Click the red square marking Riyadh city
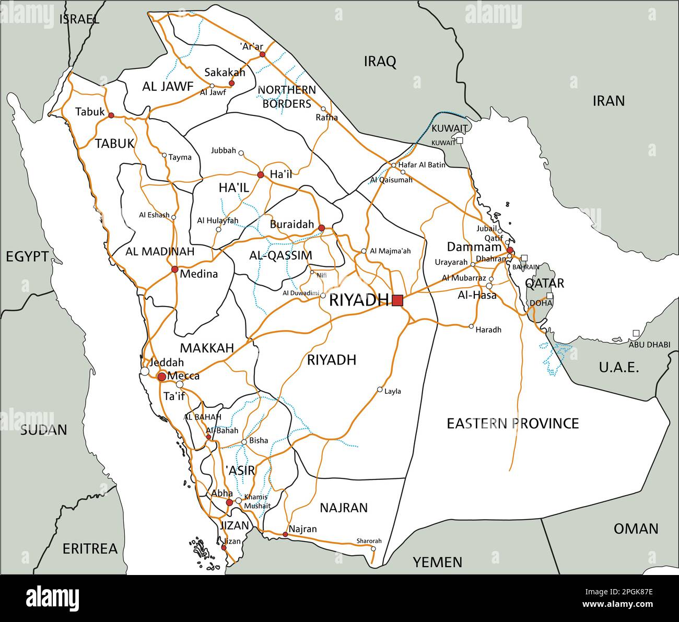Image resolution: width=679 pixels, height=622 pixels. tap(397, 300)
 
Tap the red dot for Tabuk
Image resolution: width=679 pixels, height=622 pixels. tap(111, 115)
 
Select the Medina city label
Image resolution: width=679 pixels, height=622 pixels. tap(198, 274)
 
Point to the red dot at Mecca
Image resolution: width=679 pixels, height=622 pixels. tap(162, 377)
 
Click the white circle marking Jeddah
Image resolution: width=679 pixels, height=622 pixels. tap(145, 371)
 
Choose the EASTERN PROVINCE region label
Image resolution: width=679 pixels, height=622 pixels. tap(512, 423)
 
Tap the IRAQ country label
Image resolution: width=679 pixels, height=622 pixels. tap(380, 62)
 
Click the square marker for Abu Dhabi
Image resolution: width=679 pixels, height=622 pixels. tap(636, 333)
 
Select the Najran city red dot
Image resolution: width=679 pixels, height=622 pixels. tap(285, 534)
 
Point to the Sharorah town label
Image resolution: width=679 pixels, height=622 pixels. tap(369, 541)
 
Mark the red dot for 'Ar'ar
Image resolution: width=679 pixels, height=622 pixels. tap(263, 54)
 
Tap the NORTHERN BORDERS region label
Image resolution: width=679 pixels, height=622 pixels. tap(287, 97)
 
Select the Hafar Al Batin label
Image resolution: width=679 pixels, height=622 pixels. tap(422, 165)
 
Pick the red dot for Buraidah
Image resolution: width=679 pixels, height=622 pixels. tap(321, 228)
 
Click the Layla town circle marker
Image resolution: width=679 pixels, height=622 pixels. tap(380, 390)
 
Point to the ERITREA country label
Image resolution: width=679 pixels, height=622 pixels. tap(90, 549)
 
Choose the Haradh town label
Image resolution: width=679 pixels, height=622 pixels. tap(488, 330)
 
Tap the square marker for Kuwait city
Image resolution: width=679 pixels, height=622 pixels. tap(460, 140)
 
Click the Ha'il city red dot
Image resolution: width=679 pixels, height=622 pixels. tap(260, 174)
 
